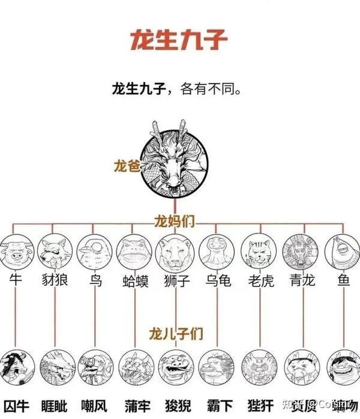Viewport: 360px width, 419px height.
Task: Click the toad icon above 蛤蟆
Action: (134, 253)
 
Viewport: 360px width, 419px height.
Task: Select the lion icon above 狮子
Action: (175, 252)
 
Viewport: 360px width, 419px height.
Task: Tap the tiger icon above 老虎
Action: (258, 253)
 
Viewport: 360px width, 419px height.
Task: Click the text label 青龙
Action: (300, 281)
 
